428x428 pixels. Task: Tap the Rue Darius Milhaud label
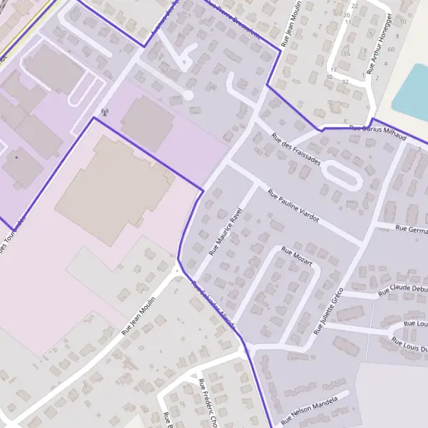377,132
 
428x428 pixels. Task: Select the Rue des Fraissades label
296,150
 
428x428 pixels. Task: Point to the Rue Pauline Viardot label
292,206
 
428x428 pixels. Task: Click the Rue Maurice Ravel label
222,233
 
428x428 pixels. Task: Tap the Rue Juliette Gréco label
329,311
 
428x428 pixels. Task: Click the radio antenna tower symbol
106,111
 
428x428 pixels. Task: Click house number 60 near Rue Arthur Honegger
391,49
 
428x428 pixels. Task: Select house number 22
355,6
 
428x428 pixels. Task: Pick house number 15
347,53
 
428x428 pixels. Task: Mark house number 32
345,82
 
